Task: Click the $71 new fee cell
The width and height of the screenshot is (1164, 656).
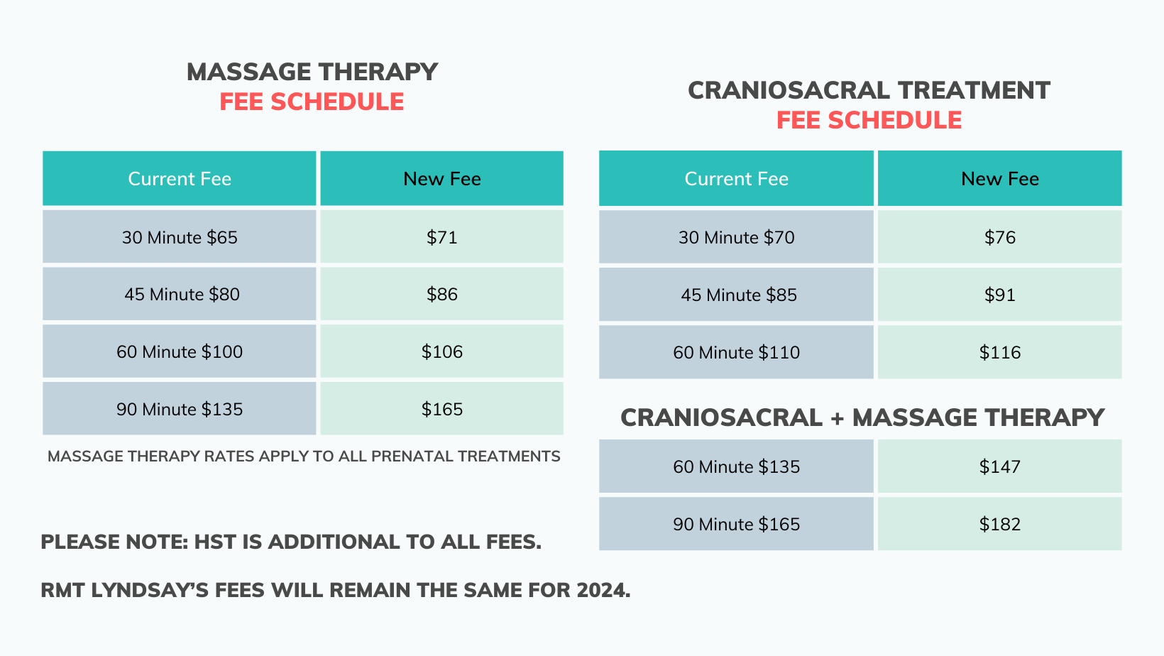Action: click(x=441, y=237)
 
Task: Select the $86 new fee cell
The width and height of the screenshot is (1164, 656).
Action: click(x=441, y=295)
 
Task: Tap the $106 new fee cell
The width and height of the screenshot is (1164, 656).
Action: click(x=441, y=352)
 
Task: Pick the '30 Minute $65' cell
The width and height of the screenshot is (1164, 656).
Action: click(x=180, y=237)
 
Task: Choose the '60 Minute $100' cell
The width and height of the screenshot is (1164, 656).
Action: click(x=180, y=352)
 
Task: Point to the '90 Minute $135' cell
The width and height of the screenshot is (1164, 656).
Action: click(x=180, y=410)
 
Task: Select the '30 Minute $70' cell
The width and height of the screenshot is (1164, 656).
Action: click(x=736, y=237)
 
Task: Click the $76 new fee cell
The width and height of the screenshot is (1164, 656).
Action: click(x=999, y=237)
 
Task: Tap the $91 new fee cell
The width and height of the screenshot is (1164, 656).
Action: click(x=999, y=295)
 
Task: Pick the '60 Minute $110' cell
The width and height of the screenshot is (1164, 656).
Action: click(x=736, y=353)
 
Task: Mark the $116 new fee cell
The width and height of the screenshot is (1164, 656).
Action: click(x=999, y=353)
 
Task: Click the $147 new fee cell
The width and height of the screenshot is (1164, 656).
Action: click(x=999, y=467)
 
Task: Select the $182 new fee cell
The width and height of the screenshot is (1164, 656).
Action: click(x=999, y=525)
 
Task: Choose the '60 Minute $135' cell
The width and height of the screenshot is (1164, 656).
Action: click(x=736, y=467)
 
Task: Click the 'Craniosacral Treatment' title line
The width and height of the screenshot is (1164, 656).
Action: click(x=869, y=91)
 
